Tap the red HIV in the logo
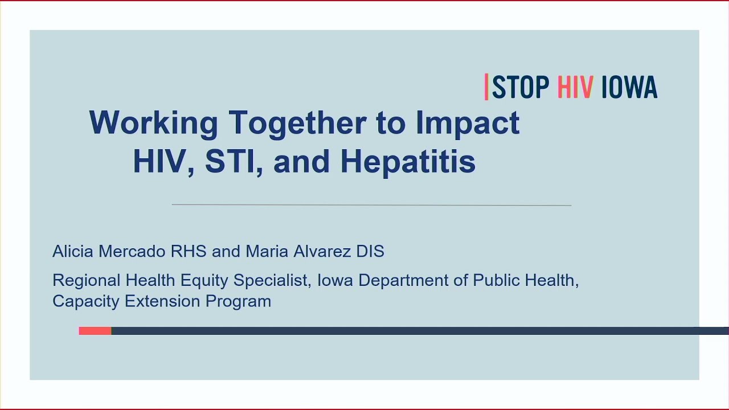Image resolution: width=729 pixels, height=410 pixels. pyautogui.click(x=575, y=88)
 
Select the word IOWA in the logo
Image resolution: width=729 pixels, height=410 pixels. pyautogui.click(x=629, y=88)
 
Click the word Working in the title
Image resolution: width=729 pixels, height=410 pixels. pyautogui.click(x=153, y=123)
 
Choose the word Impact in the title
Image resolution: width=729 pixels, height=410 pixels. pyautogui.click(x=467, y=123)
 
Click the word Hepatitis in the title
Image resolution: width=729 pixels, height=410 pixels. pyautogui.click(x=408, y=162)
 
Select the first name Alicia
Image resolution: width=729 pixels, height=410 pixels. pyautogui.click(x=73, y=251)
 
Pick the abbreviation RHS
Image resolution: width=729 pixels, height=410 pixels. pyautogui.click(x=189, y=251)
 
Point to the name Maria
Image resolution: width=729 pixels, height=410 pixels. pyautogui.click(x=267, y=251)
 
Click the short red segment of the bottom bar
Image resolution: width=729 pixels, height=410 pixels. pyautogui.click(x=95, y=331)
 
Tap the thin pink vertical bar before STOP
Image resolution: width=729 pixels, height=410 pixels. pyautogui.click(x=486, y=87)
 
